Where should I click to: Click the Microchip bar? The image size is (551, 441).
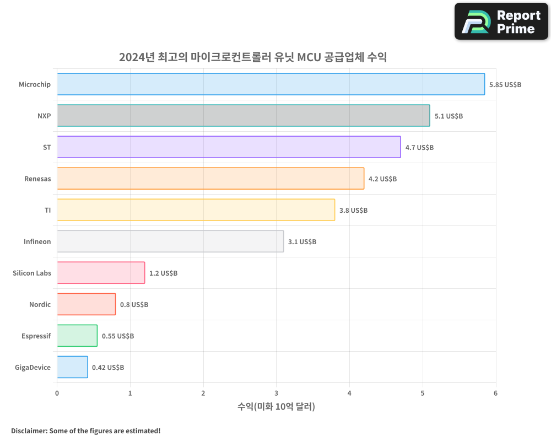click(x=271, y=84)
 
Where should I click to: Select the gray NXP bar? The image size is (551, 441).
click(x=243, y=116)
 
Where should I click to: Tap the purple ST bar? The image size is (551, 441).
click(x=229, y=147)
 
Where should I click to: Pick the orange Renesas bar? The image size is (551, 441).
click(x=210, y=179)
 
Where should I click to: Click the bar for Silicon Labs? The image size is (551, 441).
click(x=101, y=273)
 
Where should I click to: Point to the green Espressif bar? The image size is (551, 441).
click(x=77, y=336)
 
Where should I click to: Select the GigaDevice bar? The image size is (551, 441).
click(x=72, y=367)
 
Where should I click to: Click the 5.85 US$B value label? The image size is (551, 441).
click(x=505, y=85)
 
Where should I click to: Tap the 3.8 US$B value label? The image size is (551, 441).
click(x=353, y=211)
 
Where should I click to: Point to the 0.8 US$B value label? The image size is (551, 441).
click(x=134, y=305)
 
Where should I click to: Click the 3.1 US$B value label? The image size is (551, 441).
click(x=302, y=242)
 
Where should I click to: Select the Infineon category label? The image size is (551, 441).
click(x=37, y=241)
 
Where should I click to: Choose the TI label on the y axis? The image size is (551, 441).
click(x=47, y=210)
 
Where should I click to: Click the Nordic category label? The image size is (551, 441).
click(x=40, y=304)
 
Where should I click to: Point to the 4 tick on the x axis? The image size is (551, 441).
click(x=349, y=393)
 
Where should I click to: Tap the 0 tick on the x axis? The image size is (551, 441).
click(x=57, y=393)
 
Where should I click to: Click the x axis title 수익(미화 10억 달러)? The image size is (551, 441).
click(x=276, y=407)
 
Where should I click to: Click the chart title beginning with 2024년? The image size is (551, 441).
click(x=253, y=57)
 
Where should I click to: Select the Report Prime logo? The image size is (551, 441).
click(x=501, y=21)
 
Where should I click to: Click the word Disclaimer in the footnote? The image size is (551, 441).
click(x=28, y=431)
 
